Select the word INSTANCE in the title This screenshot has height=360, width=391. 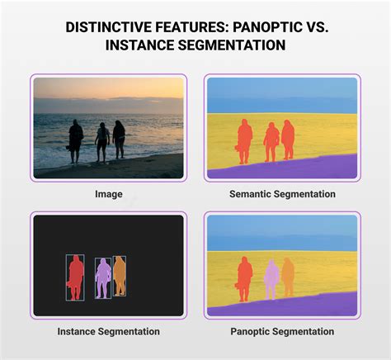[x=143, y=45]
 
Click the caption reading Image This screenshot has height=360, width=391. [x=108, y=194]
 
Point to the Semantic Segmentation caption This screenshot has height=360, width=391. [x=281, y=194]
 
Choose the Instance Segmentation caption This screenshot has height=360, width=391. [x=108, y=331]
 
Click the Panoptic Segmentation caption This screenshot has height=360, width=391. [x=281, y=331]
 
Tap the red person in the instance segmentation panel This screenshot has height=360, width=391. [x=76, y=275]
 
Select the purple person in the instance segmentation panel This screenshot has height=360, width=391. [x=103, y=277]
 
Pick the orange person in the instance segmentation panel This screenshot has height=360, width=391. [x=120, y=275]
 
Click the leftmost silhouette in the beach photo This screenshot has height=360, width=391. [x=76, y=139]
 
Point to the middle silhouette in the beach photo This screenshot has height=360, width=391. [x=102, y=140]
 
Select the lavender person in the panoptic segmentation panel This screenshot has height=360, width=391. [x=271, y=278]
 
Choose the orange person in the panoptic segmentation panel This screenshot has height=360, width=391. [x=288, y=277]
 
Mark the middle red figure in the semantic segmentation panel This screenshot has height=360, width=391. [x=271, y=141]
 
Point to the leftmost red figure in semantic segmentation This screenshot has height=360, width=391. [x=245, y=140]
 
